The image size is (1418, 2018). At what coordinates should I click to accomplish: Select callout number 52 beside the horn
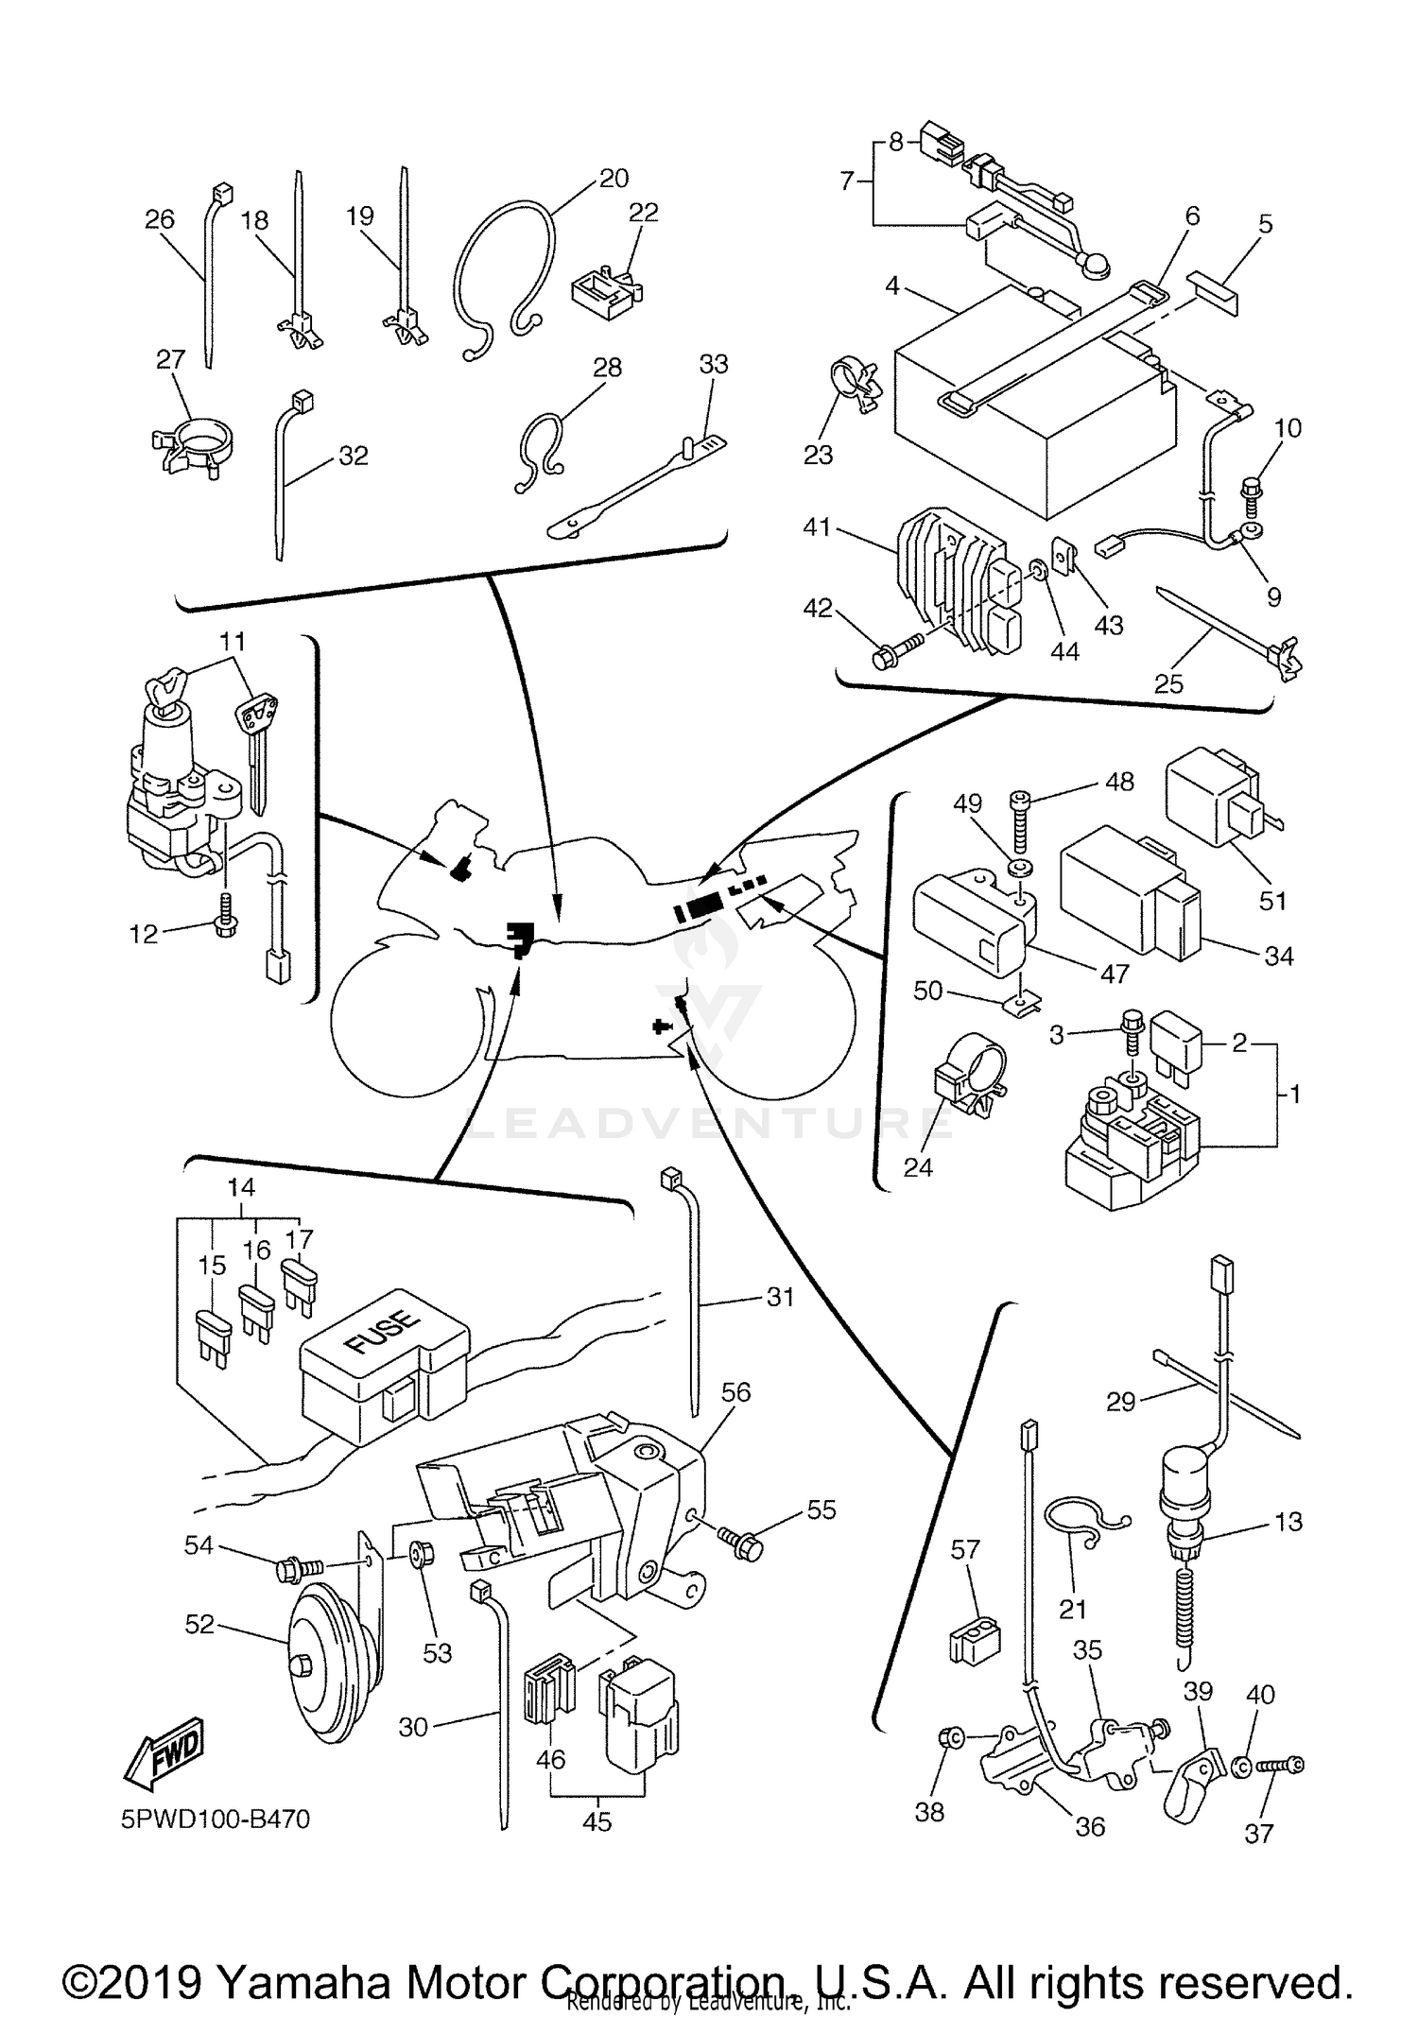pyautogui.click(x=199, y=1624)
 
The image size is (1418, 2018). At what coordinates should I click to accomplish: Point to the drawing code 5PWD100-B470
pyautogui.click(x=216, y=1818)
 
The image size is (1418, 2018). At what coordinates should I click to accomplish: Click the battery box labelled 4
pyautogui.click(x=1030, y=416)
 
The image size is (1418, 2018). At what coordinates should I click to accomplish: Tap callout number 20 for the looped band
pyautogui.click(x=614, y=178)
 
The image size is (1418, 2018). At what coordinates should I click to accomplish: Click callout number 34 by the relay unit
pyautogui.click(x=1278, y=956)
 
